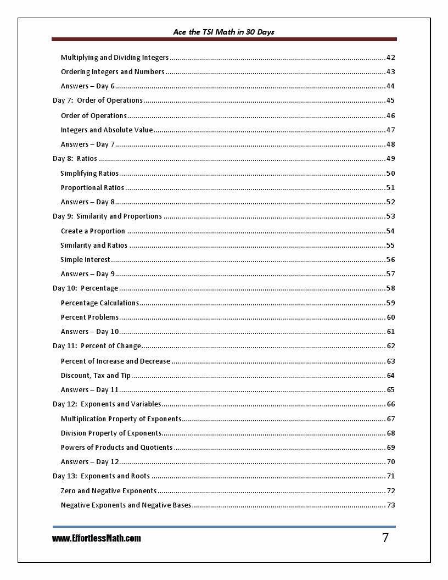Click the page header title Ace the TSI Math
tap(223, 32)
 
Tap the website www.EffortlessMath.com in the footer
tap(97, 538)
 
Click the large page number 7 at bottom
tap(385, 538)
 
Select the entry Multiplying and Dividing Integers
tap(115, 58)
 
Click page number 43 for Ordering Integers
tap(390, 72)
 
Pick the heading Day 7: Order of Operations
tap(98, 101)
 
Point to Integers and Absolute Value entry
tap(107, 130)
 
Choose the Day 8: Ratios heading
tap(75, 159)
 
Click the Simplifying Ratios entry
tap(89, 174)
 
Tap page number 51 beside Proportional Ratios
tap(390, 188)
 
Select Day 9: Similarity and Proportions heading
tap(107, 216)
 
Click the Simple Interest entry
tap(85, 260)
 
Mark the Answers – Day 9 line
tap(88, 274)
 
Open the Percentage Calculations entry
tap(100, 303)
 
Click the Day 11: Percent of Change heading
tap(97, 346)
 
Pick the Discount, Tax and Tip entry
tap(96, 376)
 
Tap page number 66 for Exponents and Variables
tap(390, 404)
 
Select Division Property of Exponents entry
tap(111, 433)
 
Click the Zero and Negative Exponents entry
tap(109, 491)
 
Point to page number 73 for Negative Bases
tap(390, 505)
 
